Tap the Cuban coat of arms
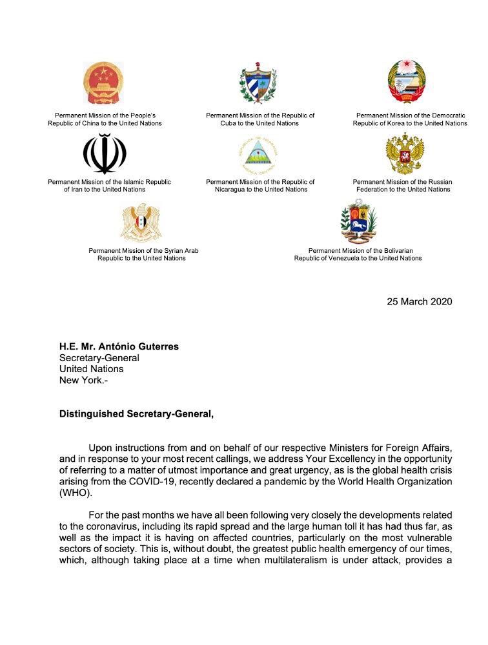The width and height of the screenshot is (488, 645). point(258,83)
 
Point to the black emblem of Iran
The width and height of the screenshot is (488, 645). point(105,154)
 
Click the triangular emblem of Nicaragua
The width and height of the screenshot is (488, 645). point(258,155)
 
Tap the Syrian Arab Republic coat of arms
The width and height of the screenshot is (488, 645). point(141,222)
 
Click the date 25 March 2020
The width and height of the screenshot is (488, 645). point(420,301)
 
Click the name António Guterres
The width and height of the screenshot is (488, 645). point(141,346)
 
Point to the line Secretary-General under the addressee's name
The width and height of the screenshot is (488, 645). point(99,358)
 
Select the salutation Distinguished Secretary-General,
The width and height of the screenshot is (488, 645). point(136,413)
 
